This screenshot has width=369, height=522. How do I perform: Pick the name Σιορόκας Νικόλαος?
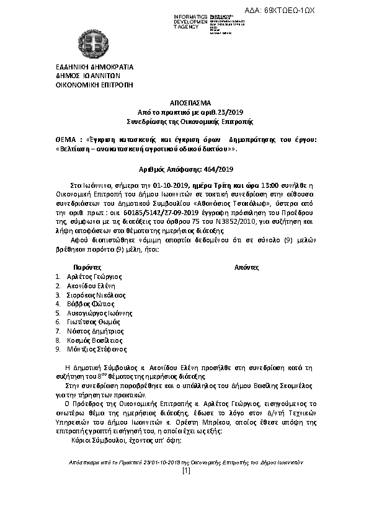pyautogui.click(x=95, y=295)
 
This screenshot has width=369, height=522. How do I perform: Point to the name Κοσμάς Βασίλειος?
pyautogui.click(x=92, y=340)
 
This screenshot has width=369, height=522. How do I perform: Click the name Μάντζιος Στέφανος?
pyautogui.click(x=93, y=350)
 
